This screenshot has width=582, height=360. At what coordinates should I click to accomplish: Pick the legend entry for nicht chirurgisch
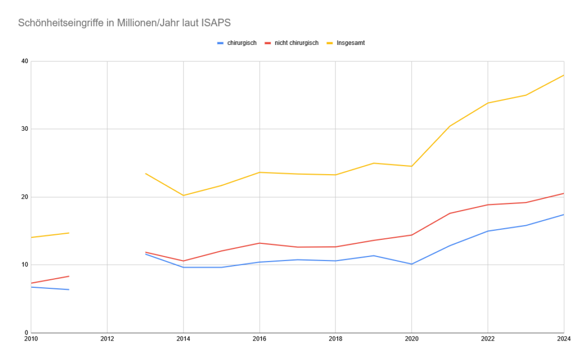pos(296,43)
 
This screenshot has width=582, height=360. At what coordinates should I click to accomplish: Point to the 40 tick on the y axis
pos(24,61)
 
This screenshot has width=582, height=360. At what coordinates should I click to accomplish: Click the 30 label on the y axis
pos(24,129)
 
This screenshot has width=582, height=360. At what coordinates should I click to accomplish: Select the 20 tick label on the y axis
pos(24,197)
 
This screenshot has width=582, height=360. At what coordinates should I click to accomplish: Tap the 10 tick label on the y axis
pos(24,264)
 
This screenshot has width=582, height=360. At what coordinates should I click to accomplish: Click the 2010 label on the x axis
pos(31,340)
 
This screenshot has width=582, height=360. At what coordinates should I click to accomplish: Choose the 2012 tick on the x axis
pos(107,340)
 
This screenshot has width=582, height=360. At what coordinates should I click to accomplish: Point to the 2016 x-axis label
pos(259,340)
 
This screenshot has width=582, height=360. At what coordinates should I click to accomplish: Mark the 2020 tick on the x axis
pos(411,340)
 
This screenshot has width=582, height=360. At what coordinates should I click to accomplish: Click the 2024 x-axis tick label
pos(563,340)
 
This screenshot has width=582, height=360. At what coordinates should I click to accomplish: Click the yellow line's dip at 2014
pos(183,195)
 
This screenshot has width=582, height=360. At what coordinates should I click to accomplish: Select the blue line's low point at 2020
pos(411,264)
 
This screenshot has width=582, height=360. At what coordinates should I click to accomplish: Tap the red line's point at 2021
pos(450,213)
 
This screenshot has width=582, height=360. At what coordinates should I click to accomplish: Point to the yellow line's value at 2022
pos(488,103)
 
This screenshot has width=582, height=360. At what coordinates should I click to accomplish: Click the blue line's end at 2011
pos(69,289)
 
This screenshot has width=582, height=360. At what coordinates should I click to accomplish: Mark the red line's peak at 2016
pos(259,243)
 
